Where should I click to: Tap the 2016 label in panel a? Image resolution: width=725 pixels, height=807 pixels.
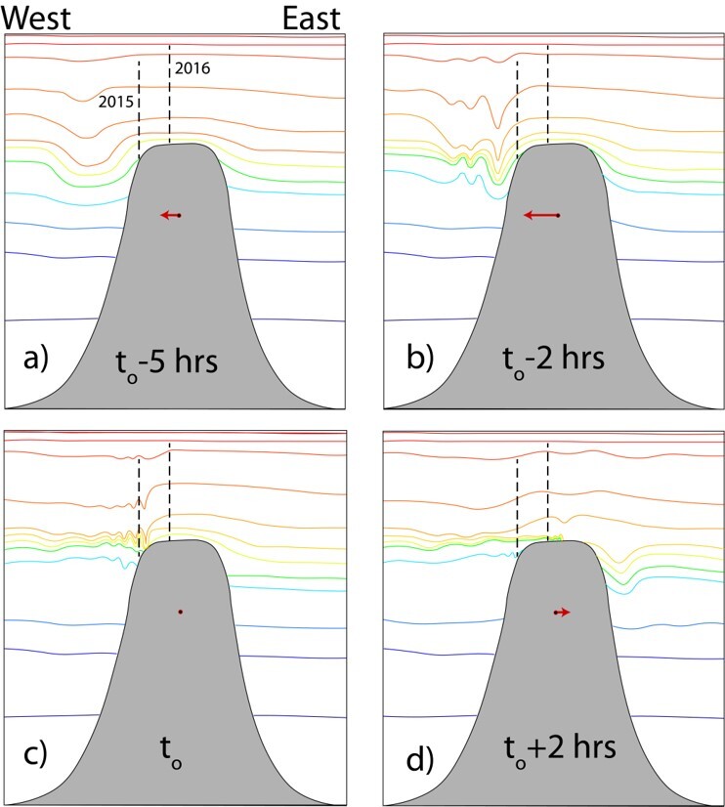[192, 68]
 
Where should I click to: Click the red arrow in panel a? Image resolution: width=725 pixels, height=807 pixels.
[171, 215]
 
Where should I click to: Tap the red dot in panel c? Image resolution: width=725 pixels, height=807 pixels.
[180, 612]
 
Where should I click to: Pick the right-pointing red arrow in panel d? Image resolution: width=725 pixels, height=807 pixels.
[562, 613]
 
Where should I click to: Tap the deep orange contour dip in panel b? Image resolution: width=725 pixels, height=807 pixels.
[498, 122]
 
